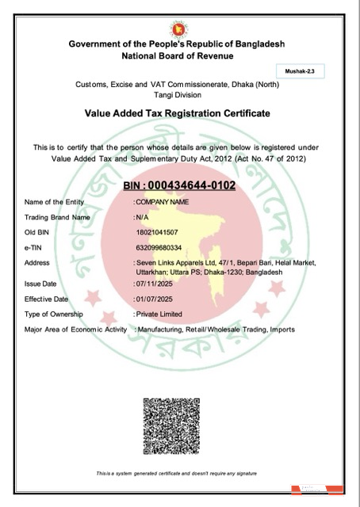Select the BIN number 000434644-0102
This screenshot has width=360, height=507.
pyautogui.click(x=180, y=185)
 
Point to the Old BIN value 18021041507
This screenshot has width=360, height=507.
pyautogui.click(x=159, y=232)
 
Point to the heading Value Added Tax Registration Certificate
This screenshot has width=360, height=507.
pyautogui.click(x=177, y=113)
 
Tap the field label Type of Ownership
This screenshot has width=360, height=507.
pyautogui.click(x=56, y=314)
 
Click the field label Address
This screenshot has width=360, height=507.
pyautogui.click(x=37, y=262)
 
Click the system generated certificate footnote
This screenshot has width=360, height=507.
pyautogui.click(x=177, y=474)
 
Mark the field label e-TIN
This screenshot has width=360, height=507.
pyautogui.click(x=35, y=247)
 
